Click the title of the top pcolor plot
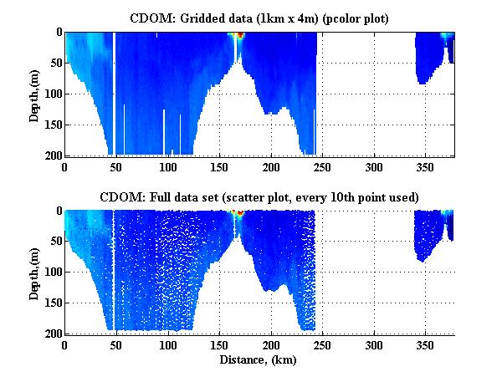pos(258,18)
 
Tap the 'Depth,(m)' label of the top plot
pos(34,94)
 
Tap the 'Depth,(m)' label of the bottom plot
pos(34,273)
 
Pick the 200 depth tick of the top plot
pos(52,156)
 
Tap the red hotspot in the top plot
pos(239,36)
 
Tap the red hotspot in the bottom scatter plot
pos(238,214)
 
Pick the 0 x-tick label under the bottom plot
pos(65,346)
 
